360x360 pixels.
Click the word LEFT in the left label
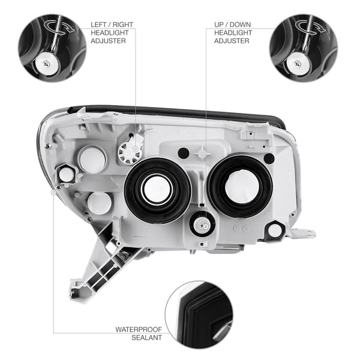click(x=98, y=25)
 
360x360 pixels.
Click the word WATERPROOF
click(x=139, y=329)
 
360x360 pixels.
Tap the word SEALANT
click(x=147, y=337)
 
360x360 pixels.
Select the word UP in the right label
click(x=219, y=25)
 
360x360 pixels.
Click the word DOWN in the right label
click(x=240, y=25)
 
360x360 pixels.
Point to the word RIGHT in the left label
click(x=123, y=25)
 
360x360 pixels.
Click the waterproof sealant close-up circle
click(x=199, y=314)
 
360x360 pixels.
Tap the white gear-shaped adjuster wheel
click(x=129, y=152)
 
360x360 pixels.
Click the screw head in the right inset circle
click(x=298, y=64)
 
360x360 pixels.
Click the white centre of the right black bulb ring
click(x=242, y=186)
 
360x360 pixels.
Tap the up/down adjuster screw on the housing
click(x=201, y=225)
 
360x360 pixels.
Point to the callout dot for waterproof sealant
click(x=53, y=192)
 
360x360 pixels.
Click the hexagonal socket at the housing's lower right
click(x=275, y=230)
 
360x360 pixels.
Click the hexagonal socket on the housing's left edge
click(x=65, y=174)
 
